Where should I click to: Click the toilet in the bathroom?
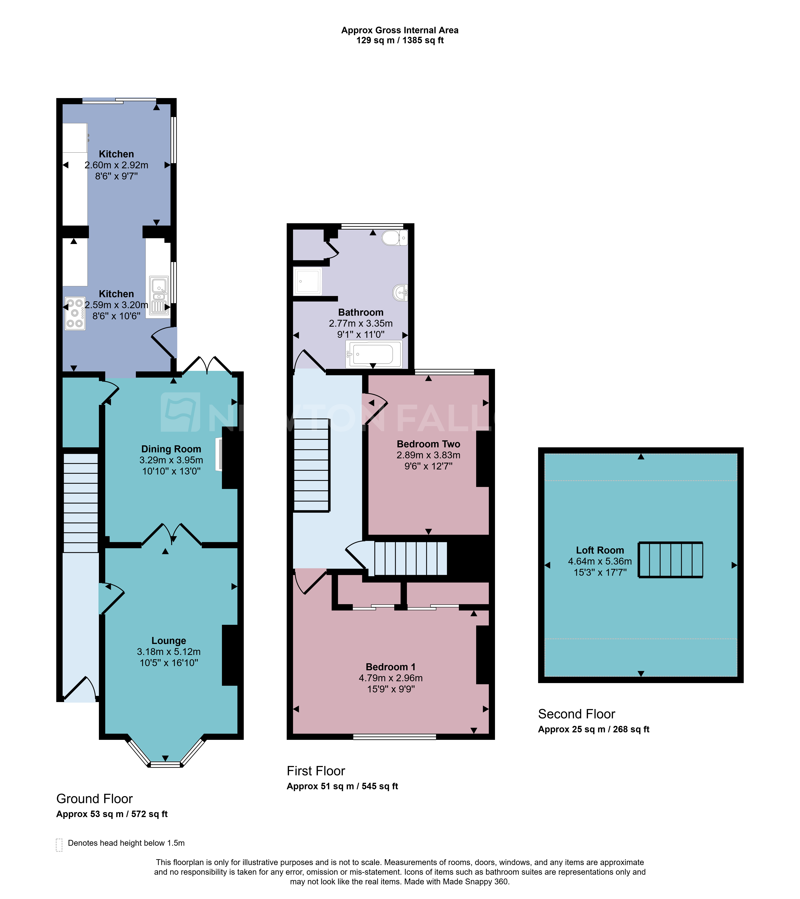(x=394, y=238)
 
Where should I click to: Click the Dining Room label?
(x=171, y=449)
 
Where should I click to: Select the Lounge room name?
(x=169, y=641)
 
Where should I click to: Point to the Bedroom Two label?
(x=428, y=444)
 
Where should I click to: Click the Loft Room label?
(x=600, y=550)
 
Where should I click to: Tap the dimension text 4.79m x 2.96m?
(x=391, y=678)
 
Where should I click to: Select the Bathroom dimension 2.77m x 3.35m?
(x=361, y=323)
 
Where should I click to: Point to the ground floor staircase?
(x=81, y=503)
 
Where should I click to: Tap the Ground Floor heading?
(x=95, y=799)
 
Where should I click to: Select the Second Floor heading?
(x=577, y=714)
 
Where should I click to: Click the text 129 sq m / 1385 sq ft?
(x=400, y=40)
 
